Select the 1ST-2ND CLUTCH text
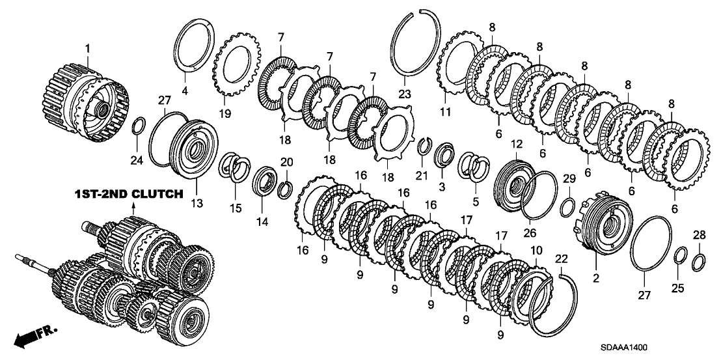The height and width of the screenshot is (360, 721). point(128,194)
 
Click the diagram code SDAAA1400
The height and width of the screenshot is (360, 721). point(642,349)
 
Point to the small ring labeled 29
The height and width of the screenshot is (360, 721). point(567,207)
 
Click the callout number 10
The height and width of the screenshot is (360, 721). point(535,251)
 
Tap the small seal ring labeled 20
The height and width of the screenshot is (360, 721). point(285,189)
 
